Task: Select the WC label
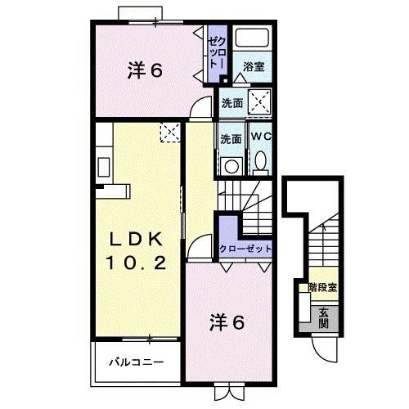pos(261,136)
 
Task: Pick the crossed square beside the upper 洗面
pos(259,103)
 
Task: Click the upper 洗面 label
pos(232,104)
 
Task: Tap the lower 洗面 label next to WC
pos(231,139)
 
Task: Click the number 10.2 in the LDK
pos(137,263)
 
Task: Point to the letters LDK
pos(137,240)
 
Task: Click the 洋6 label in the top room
pos(146,71)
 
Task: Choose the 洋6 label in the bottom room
pos(227,321)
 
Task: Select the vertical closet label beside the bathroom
pos(215,51)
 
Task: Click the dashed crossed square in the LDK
pos(169,132)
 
